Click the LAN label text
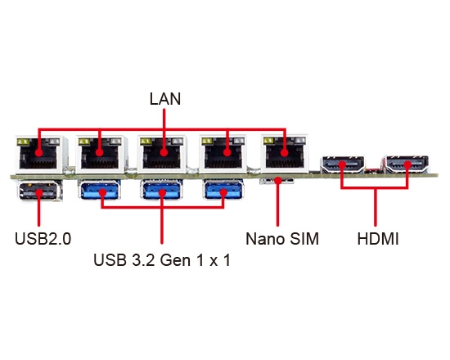[164, 99]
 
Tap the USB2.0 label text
[43, 240]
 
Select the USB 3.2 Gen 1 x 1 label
[162, 263]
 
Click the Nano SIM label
[281, 240]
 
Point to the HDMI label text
[379, 240]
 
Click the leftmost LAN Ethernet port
[38, 154]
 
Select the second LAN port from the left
[100, 154]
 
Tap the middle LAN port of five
[162, 154]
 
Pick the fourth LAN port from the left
[224, 154]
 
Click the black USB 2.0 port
[38, 194]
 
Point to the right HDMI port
[407, 165]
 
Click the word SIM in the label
[301, 240]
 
